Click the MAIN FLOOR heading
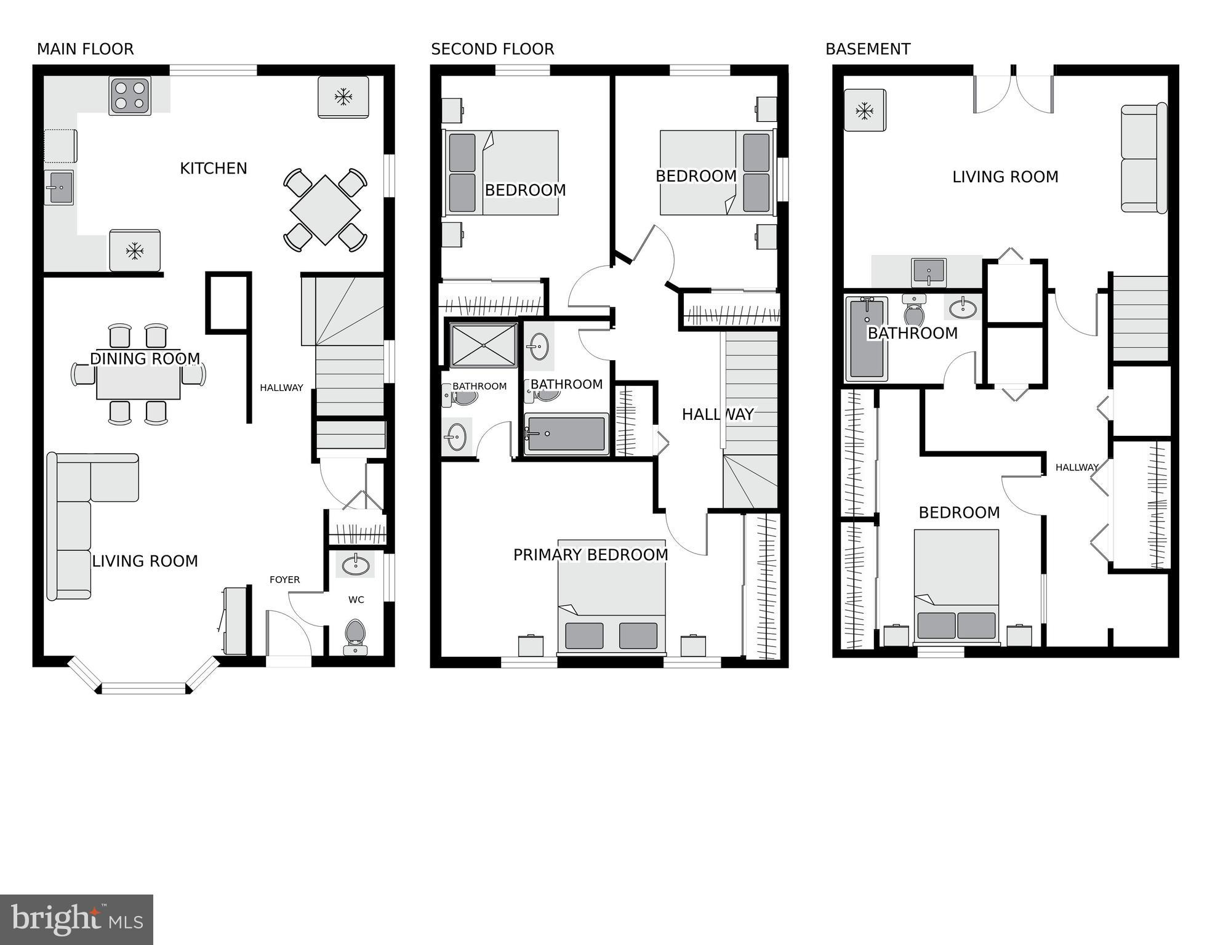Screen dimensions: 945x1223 pos(85,49)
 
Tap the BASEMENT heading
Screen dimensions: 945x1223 pos(867,49)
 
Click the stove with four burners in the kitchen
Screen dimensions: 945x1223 pos(130,95)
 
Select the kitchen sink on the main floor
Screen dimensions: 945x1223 pos(59,187)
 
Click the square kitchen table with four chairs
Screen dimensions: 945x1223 pos(325,210)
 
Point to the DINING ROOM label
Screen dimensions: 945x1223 pos(145,359)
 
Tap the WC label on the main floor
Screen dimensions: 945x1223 pos(356,600)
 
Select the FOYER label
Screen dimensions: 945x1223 pos(284,580)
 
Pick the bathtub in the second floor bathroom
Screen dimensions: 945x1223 pos(566,433)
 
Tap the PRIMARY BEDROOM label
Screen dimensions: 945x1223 pos(590,555)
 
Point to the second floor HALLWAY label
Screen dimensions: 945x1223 pos(717,415)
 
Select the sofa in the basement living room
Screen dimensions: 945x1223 pos(1144,158)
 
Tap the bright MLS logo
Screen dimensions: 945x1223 pos(76,920)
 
